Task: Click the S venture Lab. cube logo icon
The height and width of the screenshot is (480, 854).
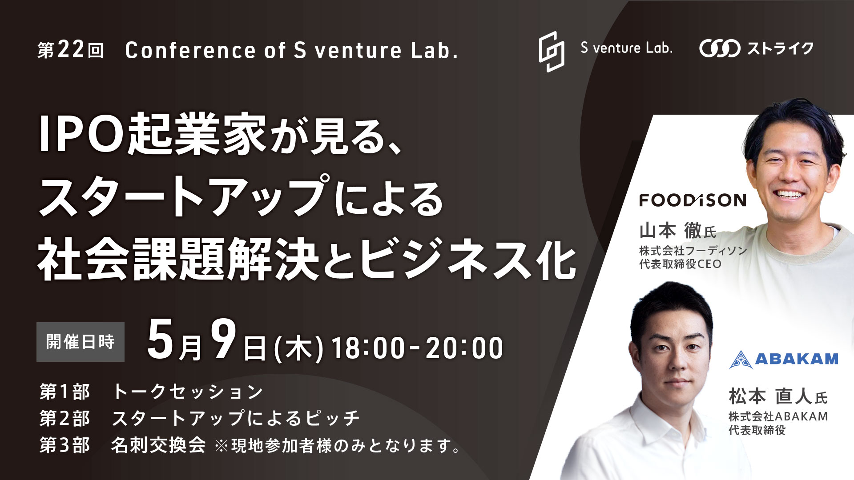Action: point(552,52)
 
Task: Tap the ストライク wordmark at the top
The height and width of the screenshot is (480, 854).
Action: point(780,48)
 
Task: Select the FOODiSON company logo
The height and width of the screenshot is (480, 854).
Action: point(693,200)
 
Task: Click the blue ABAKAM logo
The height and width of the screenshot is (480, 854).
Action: point(784,359)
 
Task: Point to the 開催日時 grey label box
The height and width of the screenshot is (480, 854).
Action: point(81,342)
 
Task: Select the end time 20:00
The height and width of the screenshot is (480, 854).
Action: point(464,348)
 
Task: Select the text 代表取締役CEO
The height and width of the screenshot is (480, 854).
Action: point(681,264)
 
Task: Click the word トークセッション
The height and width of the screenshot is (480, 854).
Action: point(188,392)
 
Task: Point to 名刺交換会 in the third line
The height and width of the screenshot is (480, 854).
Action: point(158,445)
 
